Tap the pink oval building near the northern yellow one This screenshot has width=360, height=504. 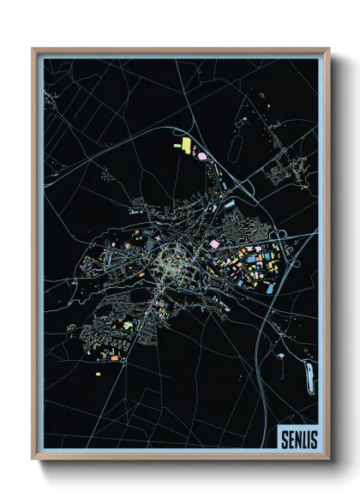tap(201, 156)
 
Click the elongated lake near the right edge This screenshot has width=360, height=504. tap(309, 375)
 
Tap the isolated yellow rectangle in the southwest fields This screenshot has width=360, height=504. tap(97, 374)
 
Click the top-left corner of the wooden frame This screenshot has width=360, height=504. tap(33, 49)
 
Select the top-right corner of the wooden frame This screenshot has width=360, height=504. tap(328, 49)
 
